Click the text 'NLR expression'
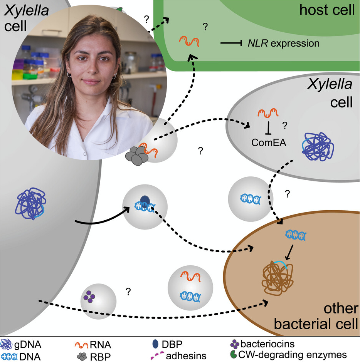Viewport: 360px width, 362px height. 283,43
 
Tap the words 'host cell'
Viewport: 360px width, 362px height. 327,10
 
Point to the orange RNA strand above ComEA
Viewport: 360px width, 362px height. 268,113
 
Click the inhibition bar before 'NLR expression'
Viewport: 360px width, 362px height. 231,43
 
